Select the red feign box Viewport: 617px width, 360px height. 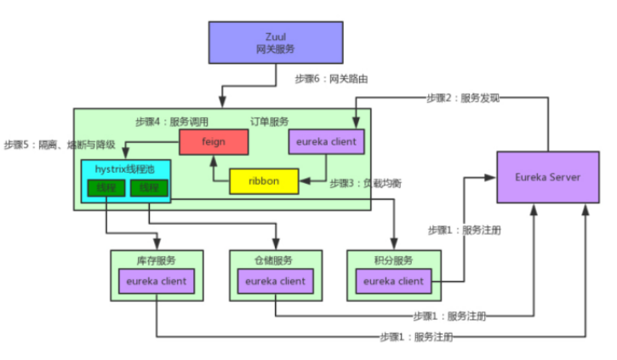[213, 141]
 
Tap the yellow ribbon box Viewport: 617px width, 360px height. [264, 181]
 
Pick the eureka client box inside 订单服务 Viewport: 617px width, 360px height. [328, 141]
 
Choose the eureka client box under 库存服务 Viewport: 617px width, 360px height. [157, 281]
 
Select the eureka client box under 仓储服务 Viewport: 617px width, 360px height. [275, 281]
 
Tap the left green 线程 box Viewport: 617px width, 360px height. [106, 188]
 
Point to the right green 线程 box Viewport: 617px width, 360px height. [148, 188]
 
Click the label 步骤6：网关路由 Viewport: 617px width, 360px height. [331, 79]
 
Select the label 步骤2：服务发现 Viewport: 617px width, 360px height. [463, 99]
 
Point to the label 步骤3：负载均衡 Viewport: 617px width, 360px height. [366, 184]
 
